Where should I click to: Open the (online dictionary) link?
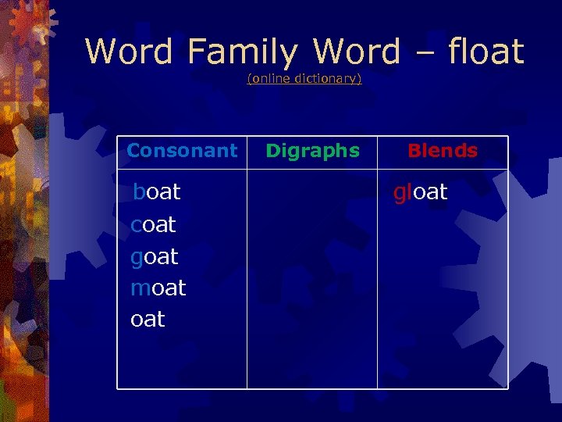pos(304,79)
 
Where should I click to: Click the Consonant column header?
pos(182,151)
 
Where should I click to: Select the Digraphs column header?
pos(312,151)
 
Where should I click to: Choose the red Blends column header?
pos(443,151)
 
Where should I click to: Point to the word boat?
pos(157,192)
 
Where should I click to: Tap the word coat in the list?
pos(154,225)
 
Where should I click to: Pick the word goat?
pos(155,257)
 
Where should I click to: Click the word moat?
pos(158,288)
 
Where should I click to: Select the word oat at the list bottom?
pos(148,319)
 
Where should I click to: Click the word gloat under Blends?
pos(421,192)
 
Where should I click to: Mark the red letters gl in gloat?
pos(402,192)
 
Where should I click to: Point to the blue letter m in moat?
pos(140,288)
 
